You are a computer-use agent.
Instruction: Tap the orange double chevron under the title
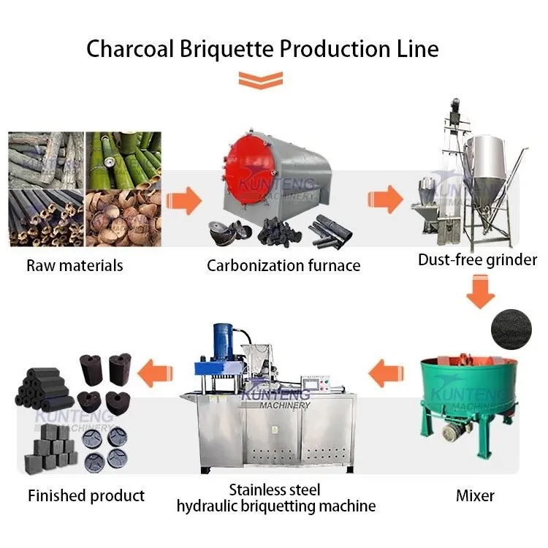point(261,81)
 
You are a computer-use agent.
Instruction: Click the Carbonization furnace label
point(283,265)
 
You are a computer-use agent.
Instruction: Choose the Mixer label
point(475,495)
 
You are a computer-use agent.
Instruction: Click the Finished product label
point(86,495)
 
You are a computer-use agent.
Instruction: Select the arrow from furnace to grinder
point(385,198)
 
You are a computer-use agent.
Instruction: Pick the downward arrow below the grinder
point(482,294)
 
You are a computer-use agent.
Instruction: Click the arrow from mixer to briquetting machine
point(385,376)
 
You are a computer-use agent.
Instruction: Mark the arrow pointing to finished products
point(158,368)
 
